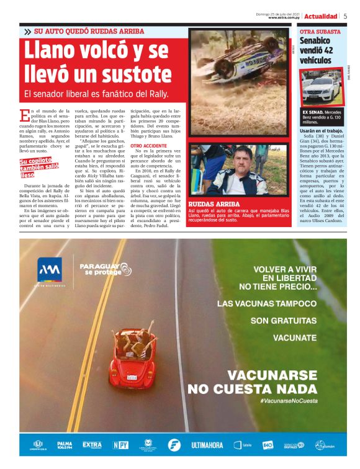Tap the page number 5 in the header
coord(345,16)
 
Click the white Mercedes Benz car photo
coord(322,87)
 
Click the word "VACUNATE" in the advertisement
coord(295,338)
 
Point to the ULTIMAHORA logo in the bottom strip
coord(207,445)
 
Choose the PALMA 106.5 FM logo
coord(65,445)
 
